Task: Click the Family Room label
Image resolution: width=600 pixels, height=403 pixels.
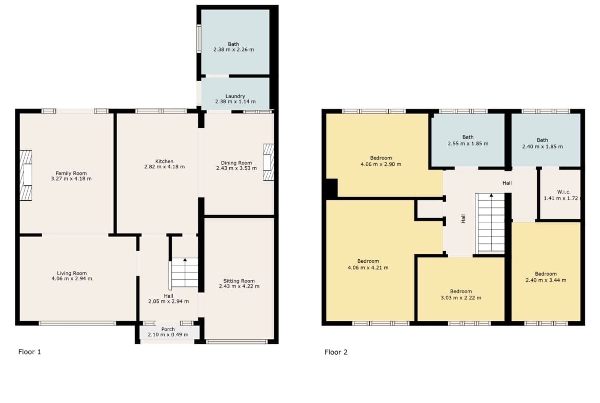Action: point(71,173)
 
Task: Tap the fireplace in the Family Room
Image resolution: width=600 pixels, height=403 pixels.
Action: point(26,175)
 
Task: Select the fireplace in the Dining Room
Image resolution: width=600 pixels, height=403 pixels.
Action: point(269,162)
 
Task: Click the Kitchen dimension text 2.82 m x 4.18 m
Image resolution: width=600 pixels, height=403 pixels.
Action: point(165,167)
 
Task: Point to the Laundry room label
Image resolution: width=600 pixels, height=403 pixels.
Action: point(235,96)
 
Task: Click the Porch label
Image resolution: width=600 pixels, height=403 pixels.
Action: point(168,329)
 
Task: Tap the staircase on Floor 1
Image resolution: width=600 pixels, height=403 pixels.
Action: point(184,273)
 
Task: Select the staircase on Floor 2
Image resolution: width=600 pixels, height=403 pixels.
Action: point(490,223)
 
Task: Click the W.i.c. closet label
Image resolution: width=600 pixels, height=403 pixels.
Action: point(564,192)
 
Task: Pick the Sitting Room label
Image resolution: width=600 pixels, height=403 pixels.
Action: point(239,281)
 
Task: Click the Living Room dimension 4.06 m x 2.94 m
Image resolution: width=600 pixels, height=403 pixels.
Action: point(72,278)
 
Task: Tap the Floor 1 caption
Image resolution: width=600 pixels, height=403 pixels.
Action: point(29,352)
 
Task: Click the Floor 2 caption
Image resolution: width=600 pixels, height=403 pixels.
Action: point(336,352)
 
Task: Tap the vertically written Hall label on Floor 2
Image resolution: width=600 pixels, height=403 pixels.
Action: point(464,219)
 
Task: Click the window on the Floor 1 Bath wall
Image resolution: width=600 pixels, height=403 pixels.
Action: point(199,39)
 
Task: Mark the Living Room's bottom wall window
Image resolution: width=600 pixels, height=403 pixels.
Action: point(77,323)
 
